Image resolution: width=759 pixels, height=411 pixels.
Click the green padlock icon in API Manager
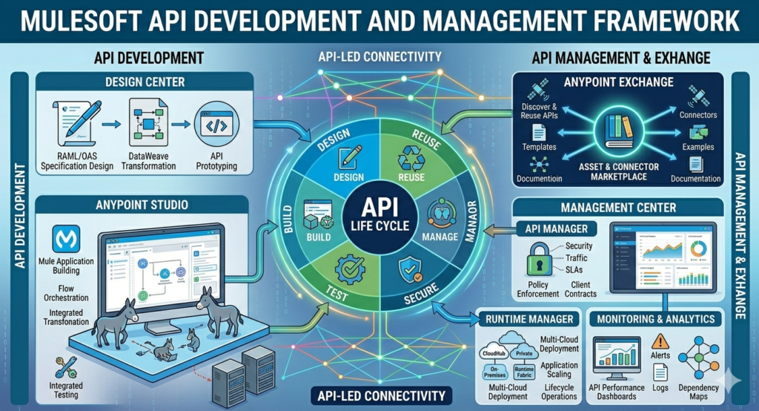tap(537, 262)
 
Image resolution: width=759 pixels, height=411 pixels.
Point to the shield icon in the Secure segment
tap(410, 270)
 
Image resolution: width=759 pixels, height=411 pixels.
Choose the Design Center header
tap(145, 82)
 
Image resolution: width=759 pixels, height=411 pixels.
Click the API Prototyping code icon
tap(216, 127)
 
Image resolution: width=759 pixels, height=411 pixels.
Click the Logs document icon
tap(660, 371)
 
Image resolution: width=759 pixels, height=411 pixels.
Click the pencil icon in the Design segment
tap(348, 158)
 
